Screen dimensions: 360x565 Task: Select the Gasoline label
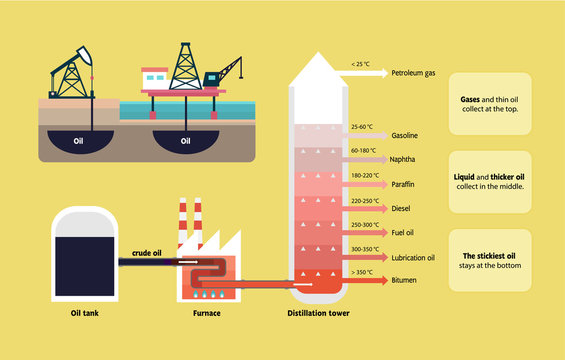(404, 135)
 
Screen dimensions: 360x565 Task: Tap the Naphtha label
(403, 159)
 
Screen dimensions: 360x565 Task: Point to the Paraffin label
(403, 184)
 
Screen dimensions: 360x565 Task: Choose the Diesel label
(400, 209)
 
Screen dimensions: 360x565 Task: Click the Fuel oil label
(403, 233)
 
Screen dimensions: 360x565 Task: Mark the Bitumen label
(404, 281)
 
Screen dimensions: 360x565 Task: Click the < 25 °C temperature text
(361, 64)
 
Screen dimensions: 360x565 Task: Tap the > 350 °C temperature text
(362, 271)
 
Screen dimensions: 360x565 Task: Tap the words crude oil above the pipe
(148, 252)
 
